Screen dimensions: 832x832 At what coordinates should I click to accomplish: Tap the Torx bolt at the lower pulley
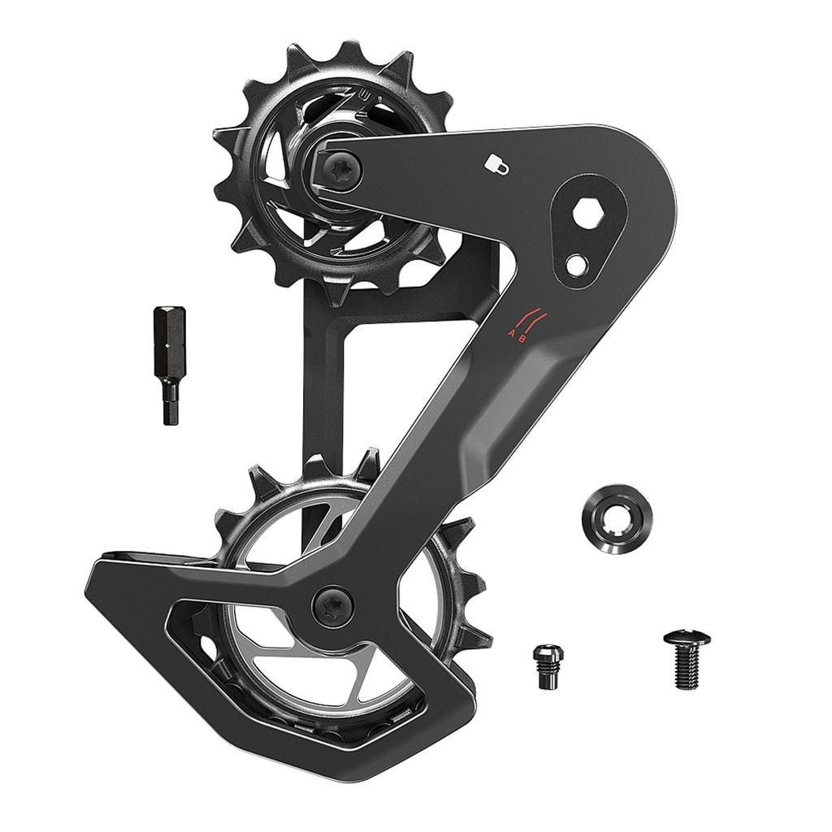coord(333,606)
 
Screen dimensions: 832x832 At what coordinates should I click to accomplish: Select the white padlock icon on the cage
coord(497,165)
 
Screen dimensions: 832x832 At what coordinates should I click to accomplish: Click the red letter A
coord(511,334)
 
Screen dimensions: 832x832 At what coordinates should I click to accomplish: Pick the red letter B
coord(522,339)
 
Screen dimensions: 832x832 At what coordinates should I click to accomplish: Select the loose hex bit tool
coord(169,364)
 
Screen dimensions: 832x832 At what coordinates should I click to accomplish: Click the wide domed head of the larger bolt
coord(687,639)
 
